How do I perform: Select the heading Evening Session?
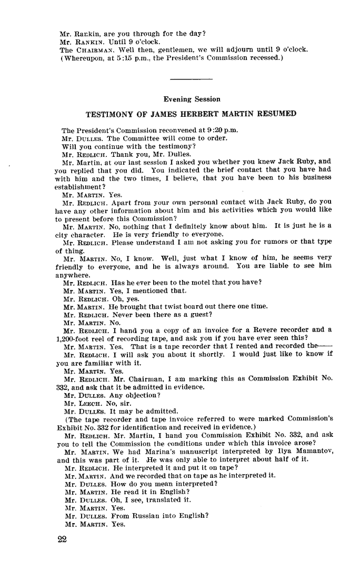pyautogui.click(x=192, y=99)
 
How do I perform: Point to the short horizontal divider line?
pyautogui.click(x=192, y=79)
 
